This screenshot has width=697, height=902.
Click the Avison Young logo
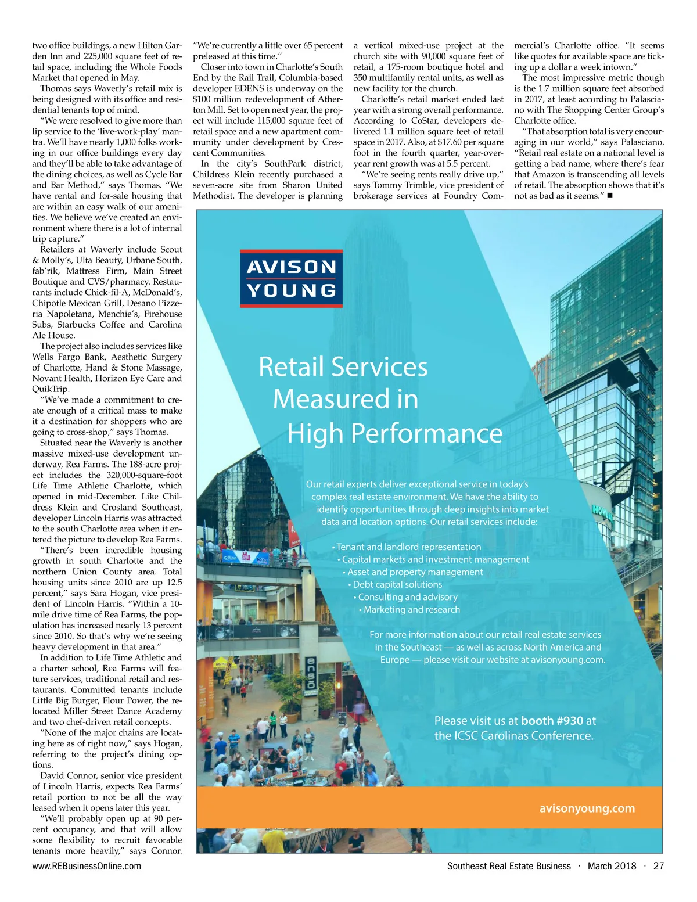click(291, 279)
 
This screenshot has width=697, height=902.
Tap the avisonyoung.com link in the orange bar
click(587, 808)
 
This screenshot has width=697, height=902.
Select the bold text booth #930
click(552, 721)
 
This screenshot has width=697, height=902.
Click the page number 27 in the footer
click(658, 866)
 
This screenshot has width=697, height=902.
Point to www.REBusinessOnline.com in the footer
click(87, 866)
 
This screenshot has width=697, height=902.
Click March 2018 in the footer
click(612, 866)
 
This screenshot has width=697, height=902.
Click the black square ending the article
click(609, 196)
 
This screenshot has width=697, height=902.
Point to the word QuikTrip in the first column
click(51, 389)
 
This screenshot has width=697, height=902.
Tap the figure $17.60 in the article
click(441, 142)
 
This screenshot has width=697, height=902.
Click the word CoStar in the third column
click(427, 121)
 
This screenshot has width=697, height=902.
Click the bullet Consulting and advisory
click(408, 597)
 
